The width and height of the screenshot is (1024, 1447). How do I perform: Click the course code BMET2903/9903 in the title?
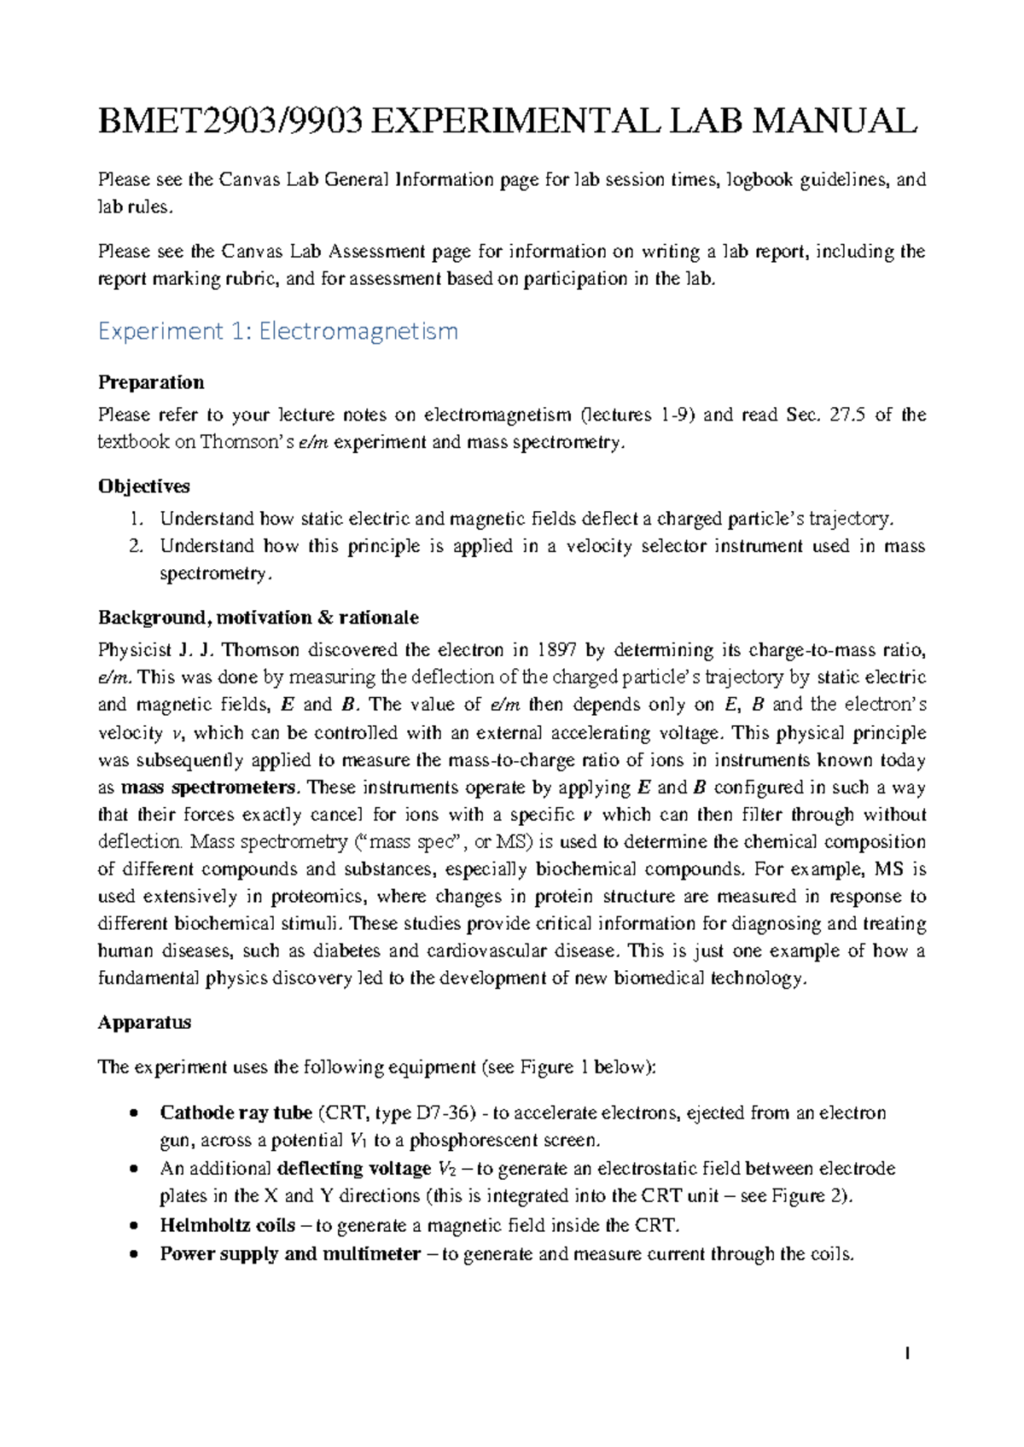pos(230,121)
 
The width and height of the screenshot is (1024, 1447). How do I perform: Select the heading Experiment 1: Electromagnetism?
pos(278,331)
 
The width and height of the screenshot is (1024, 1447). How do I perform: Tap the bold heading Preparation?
pos(151,382)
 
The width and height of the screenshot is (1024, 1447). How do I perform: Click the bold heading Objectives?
pos(143,486)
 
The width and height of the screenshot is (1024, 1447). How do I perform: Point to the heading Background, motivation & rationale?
pos(258,618)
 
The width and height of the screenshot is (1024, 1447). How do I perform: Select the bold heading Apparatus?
pos(144,1022)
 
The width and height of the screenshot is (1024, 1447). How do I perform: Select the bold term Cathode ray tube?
pos(236,1113)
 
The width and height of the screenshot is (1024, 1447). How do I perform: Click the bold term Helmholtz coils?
pos(227,1226)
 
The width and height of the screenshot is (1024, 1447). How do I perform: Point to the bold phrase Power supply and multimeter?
pos(290,1254)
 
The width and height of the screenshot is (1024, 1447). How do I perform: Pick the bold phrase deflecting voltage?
pos(354,1169)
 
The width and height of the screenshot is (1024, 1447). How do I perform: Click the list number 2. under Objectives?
pos(137,546)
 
